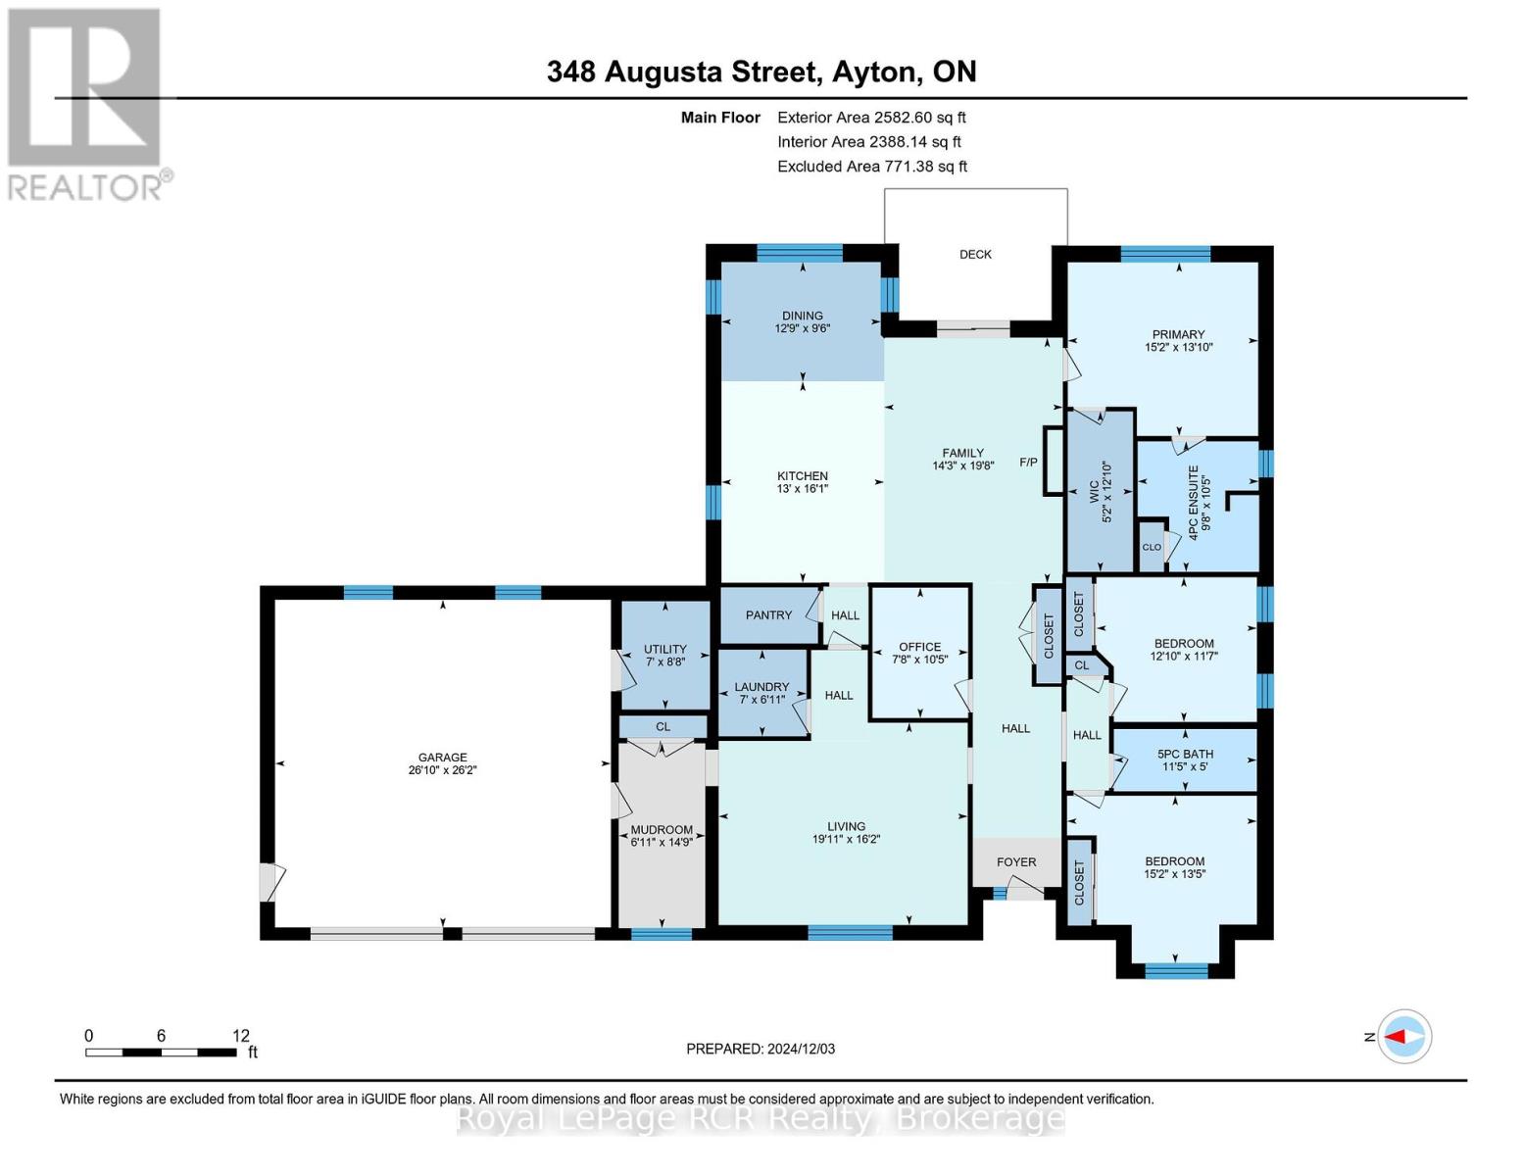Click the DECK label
975,254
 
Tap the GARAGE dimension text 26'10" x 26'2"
442,769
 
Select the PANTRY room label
768,615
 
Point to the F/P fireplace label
1028,463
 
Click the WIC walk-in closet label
1094,491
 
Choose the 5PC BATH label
1185,754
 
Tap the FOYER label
1016,862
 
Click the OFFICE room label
919,647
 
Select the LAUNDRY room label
761,687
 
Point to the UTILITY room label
664,650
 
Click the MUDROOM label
662,829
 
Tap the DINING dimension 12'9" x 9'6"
802,327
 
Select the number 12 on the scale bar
241,1035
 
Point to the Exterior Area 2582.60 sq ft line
871,118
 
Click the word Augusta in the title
663,72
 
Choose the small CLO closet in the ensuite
1152,547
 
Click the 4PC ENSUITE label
1200,503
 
